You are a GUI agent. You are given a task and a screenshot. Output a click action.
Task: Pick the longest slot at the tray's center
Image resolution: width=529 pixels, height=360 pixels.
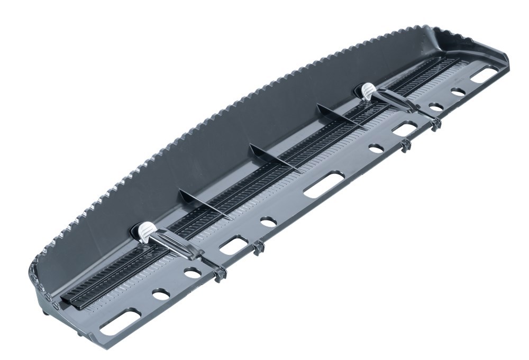click(x=323, y=184)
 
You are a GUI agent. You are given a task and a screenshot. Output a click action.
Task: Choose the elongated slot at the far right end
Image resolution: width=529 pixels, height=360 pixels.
click(x=484, y=75)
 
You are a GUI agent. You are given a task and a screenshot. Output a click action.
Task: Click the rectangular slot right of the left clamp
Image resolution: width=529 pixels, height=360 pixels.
click(x=234, y=244)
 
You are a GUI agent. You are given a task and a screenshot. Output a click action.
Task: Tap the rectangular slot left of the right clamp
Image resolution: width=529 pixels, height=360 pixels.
click(x=405, y=129)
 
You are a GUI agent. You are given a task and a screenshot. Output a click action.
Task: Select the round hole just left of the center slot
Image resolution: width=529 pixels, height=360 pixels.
click(x=268, y=222)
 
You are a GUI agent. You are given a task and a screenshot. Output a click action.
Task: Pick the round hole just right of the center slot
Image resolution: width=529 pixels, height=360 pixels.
click(x=376, y=149)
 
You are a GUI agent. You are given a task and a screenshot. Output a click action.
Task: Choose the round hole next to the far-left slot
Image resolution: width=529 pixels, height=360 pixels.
click(x=161, y=294)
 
